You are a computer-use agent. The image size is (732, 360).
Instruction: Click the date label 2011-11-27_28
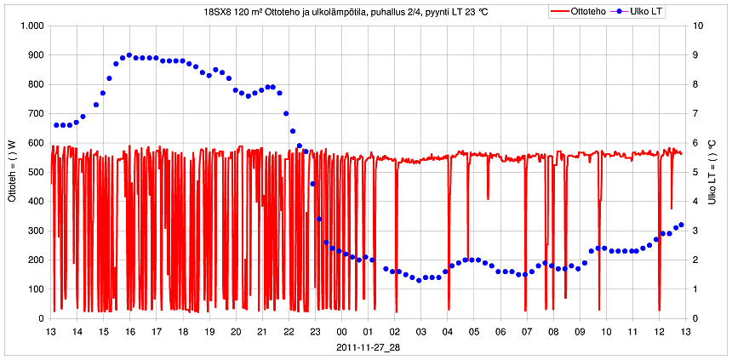(368, 347)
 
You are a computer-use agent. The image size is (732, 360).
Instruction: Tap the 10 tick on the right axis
(700, 26)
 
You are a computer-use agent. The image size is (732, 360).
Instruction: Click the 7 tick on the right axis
(698, 114)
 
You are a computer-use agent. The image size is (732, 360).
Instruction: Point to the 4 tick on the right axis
(698, 202)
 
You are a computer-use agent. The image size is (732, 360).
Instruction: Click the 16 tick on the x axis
(130, 332)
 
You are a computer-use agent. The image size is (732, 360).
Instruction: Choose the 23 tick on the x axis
(315, 332)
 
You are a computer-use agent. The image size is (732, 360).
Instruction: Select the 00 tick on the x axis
(341, 332)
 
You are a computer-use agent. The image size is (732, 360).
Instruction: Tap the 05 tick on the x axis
(474, 332)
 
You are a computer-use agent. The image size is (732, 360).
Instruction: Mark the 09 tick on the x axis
(580, 332)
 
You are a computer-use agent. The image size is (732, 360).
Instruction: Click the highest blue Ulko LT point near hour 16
(129, 55)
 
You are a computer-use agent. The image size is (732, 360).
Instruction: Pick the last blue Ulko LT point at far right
(682, 225)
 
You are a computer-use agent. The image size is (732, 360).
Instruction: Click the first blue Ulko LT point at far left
(56, 125)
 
